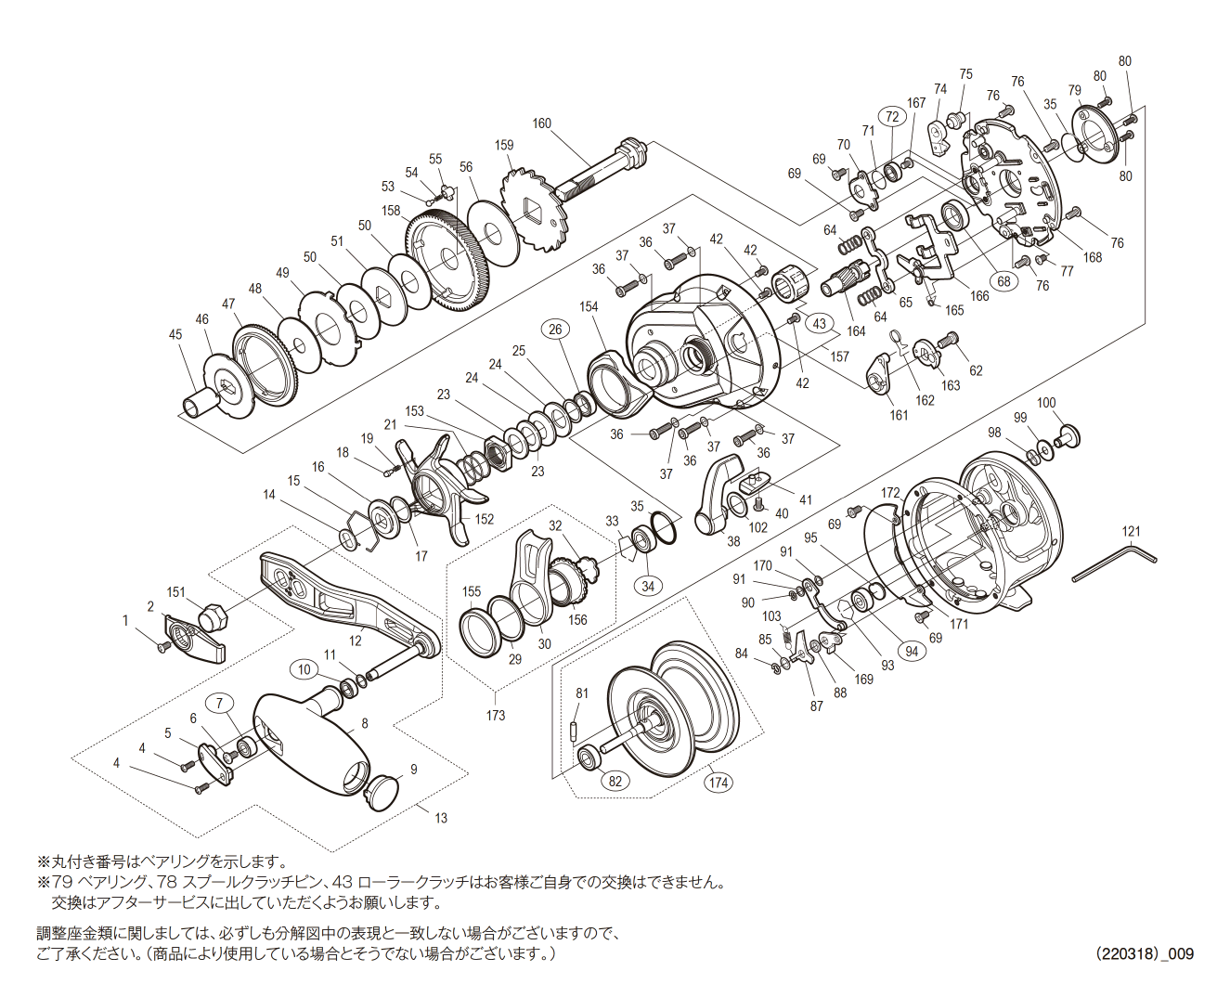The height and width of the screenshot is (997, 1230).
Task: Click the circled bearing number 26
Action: [555, 329]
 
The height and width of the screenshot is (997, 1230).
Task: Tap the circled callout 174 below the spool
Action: [719, 783]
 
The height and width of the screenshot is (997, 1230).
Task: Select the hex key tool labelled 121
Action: [1114, 563]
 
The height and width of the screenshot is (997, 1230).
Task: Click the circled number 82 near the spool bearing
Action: [615, 781]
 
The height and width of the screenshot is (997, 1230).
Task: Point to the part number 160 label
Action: [542, 123]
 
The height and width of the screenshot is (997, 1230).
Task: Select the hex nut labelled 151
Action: [211, 615]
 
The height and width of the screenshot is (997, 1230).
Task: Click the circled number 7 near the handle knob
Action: [220, 703]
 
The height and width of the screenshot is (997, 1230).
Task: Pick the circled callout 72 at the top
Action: [892, 116]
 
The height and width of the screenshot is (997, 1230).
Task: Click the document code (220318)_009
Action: [1144, 953]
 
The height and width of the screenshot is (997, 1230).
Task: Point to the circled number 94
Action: [912, 652]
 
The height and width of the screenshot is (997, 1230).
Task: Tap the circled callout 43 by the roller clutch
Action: [819, 323]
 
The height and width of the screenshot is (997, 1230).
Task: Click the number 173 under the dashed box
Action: [496, 715]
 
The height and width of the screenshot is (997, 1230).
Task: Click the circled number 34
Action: [648, 586]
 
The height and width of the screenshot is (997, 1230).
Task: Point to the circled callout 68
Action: [1003, 281]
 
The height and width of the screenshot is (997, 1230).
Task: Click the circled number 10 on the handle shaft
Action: [304, 669]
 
